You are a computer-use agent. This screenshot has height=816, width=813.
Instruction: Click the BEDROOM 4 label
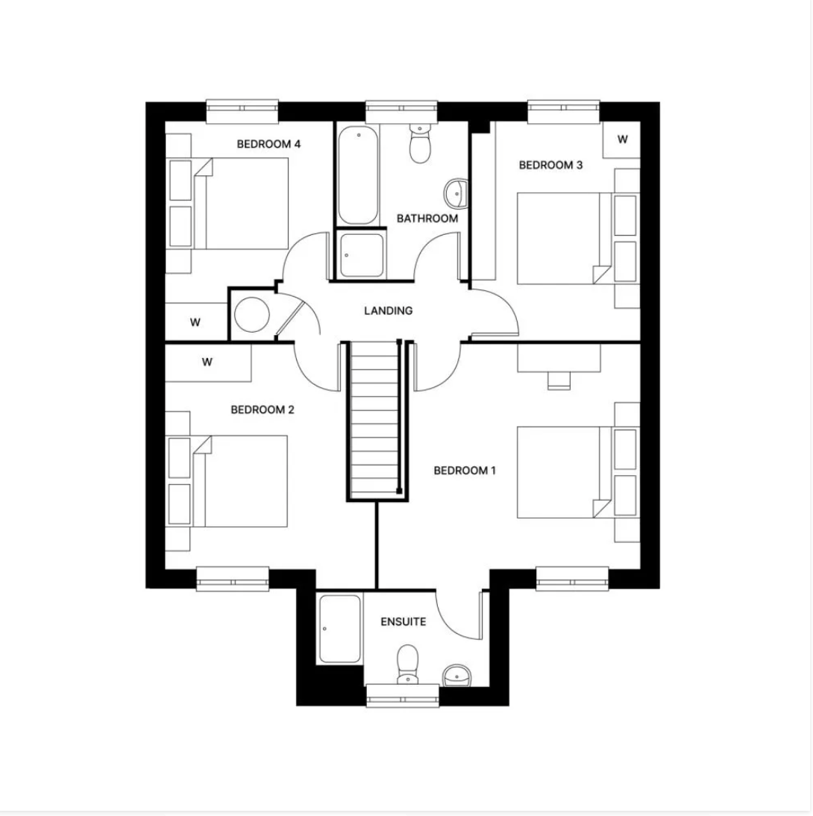click(x=269, y=144)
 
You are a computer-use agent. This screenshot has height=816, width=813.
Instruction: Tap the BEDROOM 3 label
click(x=550, y=165)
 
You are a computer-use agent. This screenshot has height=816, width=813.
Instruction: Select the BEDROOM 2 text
click(x=263, y=409)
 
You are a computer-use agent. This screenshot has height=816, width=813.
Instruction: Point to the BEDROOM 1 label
click(x=465, y=471)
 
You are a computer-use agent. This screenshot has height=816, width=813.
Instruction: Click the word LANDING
click(x=388, y=311)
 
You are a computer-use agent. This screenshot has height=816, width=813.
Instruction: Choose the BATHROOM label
click(x=427, y=219)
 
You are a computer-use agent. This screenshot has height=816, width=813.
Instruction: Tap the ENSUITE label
click(x=404, y=621)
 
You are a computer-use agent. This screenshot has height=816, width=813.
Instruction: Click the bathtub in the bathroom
click(x=357, y=175)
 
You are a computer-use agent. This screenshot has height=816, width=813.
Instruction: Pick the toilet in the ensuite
click(x=407, y=663)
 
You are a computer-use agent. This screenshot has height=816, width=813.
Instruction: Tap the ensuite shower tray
click(x=339, y=627)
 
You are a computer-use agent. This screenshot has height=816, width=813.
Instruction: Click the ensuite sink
click(x=456, y=676)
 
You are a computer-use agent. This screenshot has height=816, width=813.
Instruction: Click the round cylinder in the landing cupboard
click(x=251, y=315)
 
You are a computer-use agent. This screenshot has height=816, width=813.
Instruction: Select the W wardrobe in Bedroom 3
click(x=622, y=139)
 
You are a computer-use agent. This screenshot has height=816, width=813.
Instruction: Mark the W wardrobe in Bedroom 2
click(x=208, y=363)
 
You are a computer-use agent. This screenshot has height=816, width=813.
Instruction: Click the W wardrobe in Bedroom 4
click(x=195, y=322)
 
